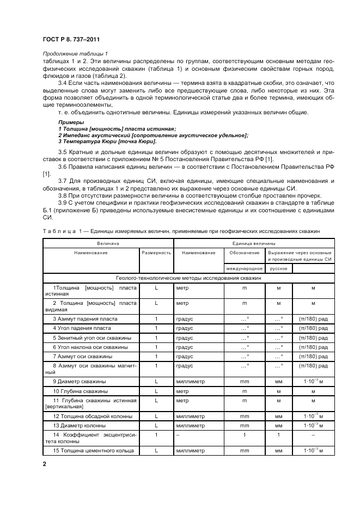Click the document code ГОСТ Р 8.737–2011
pyautogui.click(x=71, y=40)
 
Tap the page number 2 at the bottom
pyautogui.click(x=45, y=464)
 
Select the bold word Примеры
pyautogui.click(x=69, y=122)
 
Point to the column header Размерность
pyautogui.click(x=156, y=253)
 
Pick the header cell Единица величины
pyautogui.click(x=254, y=243)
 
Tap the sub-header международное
pyautogui.click(x=244, y=268)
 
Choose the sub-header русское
pyautogui.click(x=278, y=268)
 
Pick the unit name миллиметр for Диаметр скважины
pyautogui.click(x=190, y=382)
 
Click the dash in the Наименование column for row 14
pyautogui.click(x=178, y=435)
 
